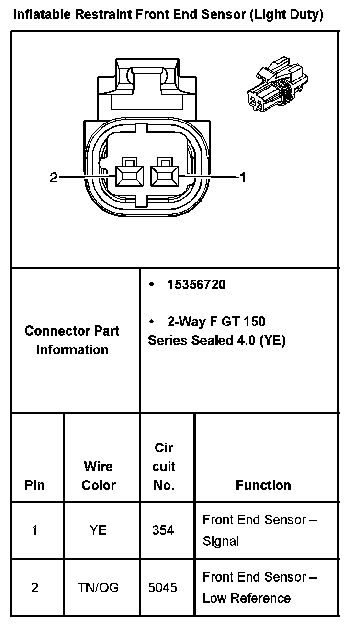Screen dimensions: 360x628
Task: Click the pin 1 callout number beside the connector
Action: pyautogui.click(x=243, y=178)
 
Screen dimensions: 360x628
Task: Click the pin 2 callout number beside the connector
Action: pyautogui.click(x=54, y=178)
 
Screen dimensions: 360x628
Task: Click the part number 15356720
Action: pyautogui.click(x=196, y=285)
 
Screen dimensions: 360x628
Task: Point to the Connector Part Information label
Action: pyautogui.click(x=72, y=340)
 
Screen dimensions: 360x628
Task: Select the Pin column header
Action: pyautogui.click(x=34, y=485)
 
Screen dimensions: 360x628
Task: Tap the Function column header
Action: pyautogui.click(x=263, y=485)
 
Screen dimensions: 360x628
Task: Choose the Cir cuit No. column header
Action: pyautogui.click(x=164, y=467)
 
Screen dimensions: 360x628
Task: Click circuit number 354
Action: pyautogui.click(x=163, y=530)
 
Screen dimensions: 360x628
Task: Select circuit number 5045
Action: pyautogui.click(x=163, y=587)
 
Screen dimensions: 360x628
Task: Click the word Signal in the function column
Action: pyautogui.click(x=221, y=541)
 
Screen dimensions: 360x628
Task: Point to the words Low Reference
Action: pyautogui.click(x=247, y=598)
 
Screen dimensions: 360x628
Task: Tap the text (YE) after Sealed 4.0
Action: pyautogui.click(x=271, y=340)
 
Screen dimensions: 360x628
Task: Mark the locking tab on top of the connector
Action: pyautogui.click(x=146, y=79)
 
